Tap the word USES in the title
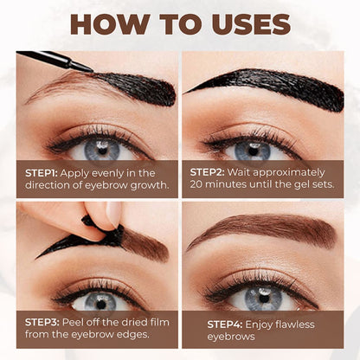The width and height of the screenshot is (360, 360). click(x=251, y=24)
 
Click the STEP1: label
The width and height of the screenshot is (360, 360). click(x=42, y=173)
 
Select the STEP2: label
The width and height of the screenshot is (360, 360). click(x=207, y=172)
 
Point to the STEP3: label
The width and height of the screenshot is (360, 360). click(x=42, y=322)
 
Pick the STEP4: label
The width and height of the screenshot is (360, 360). click(x=225, y=325)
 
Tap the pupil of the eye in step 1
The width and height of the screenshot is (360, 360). click(x=102, y=150)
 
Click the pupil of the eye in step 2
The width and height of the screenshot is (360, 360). click(x=253, y=151)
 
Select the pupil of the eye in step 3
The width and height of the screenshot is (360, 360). click(x=100, y=305)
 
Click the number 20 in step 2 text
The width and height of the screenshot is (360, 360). click(x=196, y=184)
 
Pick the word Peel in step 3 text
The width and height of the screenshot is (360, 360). click(x=72, y=322)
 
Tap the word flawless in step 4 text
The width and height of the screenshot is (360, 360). click(x=294, y=325)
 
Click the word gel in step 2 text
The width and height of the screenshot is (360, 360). click(x=302, y=185)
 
